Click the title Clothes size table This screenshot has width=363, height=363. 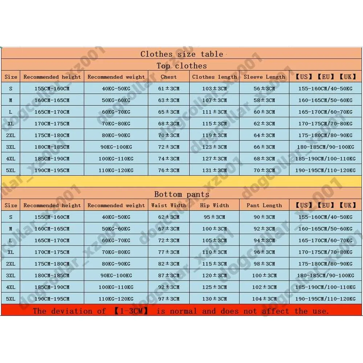[181, 54]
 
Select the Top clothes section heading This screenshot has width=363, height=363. [181, 66]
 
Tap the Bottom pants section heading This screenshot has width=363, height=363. [181, 194]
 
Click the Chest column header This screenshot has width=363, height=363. [169, 77]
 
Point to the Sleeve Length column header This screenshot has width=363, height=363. [264, 77]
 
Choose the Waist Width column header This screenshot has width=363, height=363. [169, 205]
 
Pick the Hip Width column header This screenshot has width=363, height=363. [214, 205]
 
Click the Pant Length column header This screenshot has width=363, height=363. [264, 205]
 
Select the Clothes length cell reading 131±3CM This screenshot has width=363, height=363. [214, 170]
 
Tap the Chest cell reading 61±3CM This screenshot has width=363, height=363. [169, 89]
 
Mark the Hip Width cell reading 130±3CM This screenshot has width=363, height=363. [214, 299]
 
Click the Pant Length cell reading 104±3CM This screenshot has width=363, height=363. [264, 299]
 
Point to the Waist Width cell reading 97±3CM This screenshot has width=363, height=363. [169, 299]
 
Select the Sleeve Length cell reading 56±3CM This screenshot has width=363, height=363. [264, 89]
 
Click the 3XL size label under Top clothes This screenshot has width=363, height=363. [11, 147]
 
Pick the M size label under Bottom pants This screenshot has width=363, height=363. [11, 229]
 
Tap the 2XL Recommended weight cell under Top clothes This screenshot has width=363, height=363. [116, 135]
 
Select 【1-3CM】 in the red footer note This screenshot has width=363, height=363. [131, 311]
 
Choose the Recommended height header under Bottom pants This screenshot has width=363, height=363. [52, 205]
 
